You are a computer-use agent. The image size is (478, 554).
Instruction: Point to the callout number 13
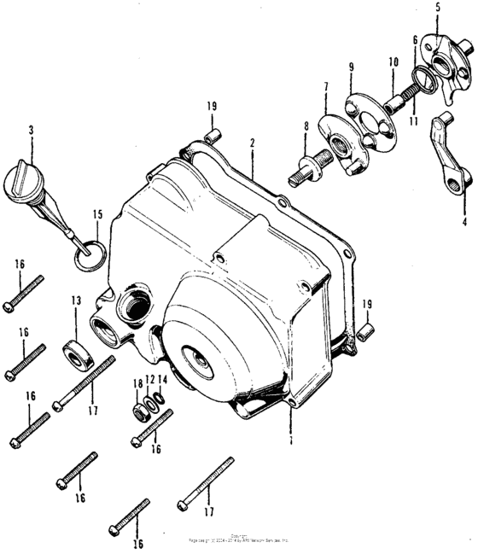pos(75,300)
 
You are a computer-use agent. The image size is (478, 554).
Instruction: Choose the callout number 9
pos(351,67)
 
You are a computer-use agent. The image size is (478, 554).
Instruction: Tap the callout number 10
pos(393,61)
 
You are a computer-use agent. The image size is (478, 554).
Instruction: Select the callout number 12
pos(149,380)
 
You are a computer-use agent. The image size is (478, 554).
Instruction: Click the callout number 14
pos(163,380)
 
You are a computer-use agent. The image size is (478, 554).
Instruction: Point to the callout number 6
pos(415,40)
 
